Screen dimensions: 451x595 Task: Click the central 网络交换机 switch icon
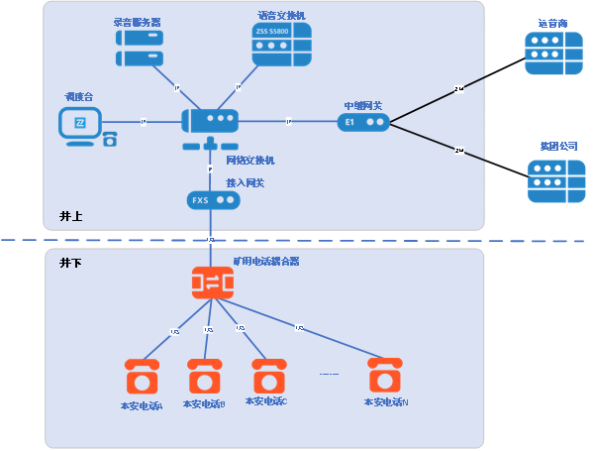210,122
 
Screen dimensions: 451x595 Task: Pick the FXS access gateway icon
214,200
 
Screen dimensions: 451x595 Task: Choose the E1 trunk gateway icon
362,122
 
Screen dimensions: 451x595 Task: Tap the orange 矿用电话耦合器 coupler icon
212,282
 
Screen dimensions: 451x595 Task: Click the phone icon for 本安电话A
143,378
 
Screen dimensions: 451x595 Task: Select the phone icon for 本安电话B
205,377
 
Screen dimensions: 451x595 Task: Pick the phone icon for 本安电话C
268,377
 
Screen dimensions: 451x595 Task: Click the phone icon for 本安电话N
385,377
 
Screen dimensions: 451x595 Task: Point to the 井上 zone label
70,216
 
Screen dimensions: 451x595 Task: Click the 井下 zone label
70,263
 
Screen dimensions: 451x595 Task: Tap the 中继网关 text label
362,105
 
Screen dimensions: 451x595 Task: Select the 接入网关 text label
246,183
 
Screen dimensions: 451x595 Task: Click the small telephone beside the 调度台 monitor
110,139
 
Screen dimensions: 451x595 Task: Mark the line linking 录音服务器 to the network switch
176,87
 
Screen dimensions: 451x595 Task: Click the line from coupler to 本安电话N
297,325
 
